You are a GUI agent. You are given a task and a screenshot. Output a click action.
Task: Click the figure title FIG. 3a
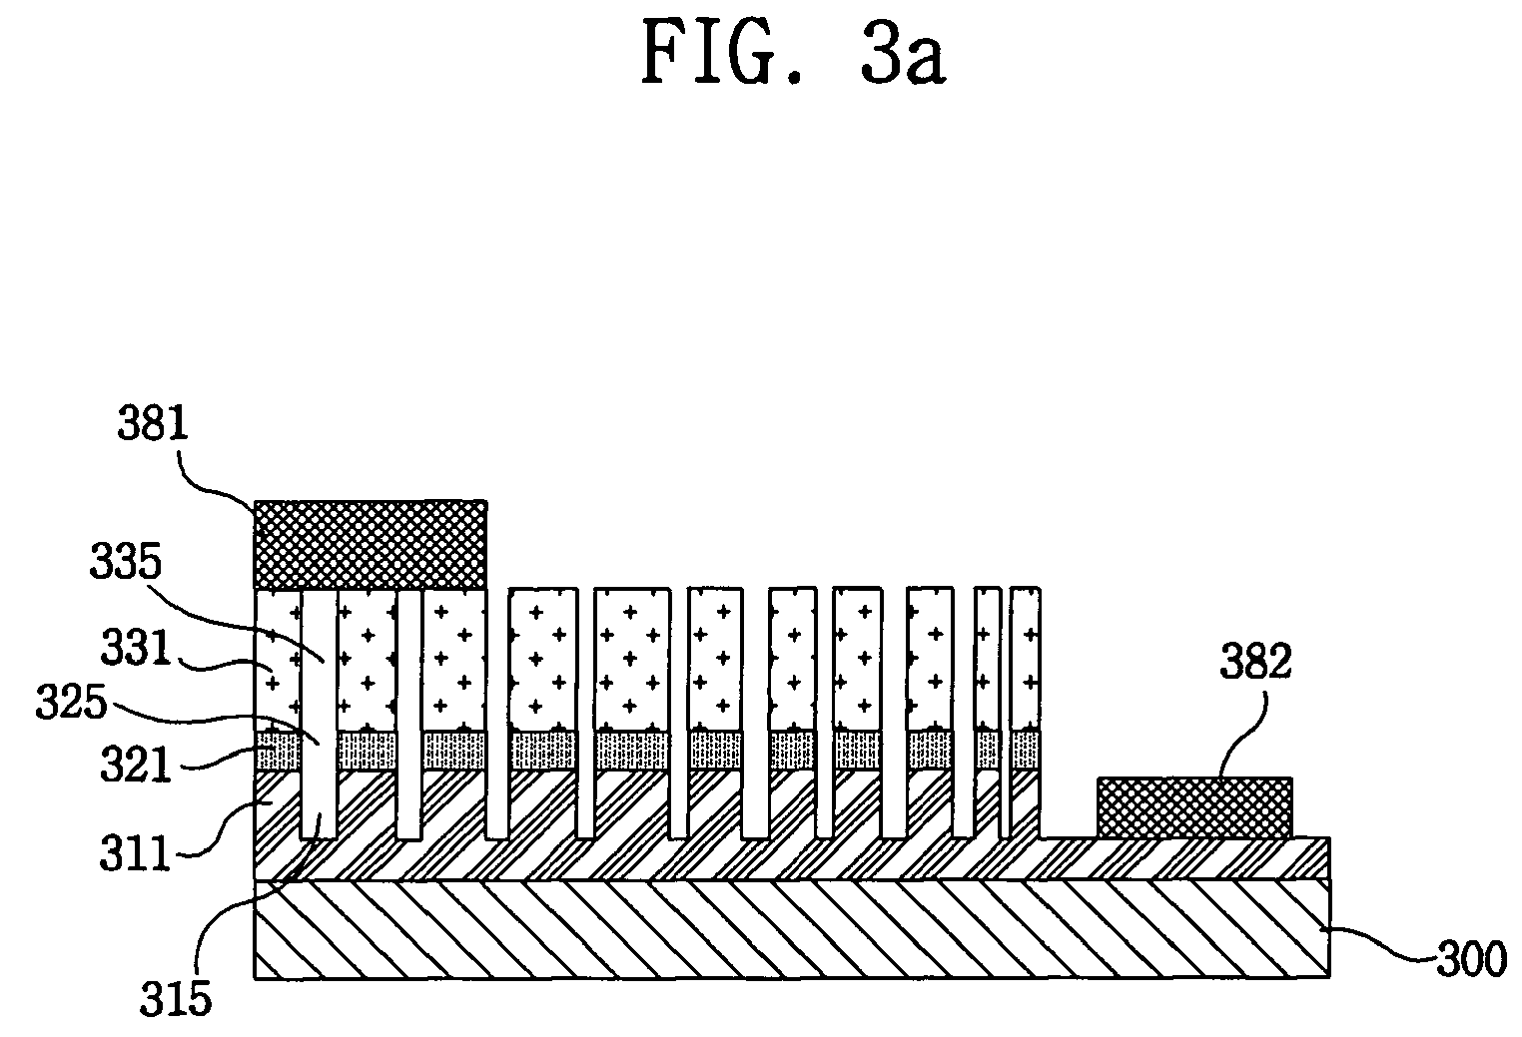tap(793, 53)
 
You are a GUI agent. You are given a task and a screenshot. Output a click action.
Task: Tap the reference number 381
tap(152, 423)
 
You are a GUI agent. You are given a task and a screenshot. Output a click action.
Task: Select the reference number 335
tap(126, 562)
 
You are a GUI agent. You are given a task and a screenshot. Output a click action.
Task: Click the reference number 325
tap(71, 703)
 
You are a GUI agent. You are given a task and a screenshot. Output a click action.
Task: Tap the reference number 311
tap(135, 853)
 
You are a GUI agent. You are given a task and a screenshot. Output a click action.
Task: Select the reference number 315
tap(176, 998)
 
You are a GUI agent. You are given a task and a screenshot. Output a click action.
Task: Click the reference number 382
tap(1255, 662)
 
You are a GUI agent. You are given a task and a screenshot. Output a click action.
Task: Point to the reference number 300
tap(1471, 959)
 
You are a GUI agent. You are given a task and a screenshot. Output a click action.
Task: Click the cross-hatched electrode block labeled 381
tap(371, 545)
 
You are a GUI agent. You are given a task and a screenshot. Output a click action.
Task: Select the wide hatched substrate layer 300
tap(792, 929)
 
